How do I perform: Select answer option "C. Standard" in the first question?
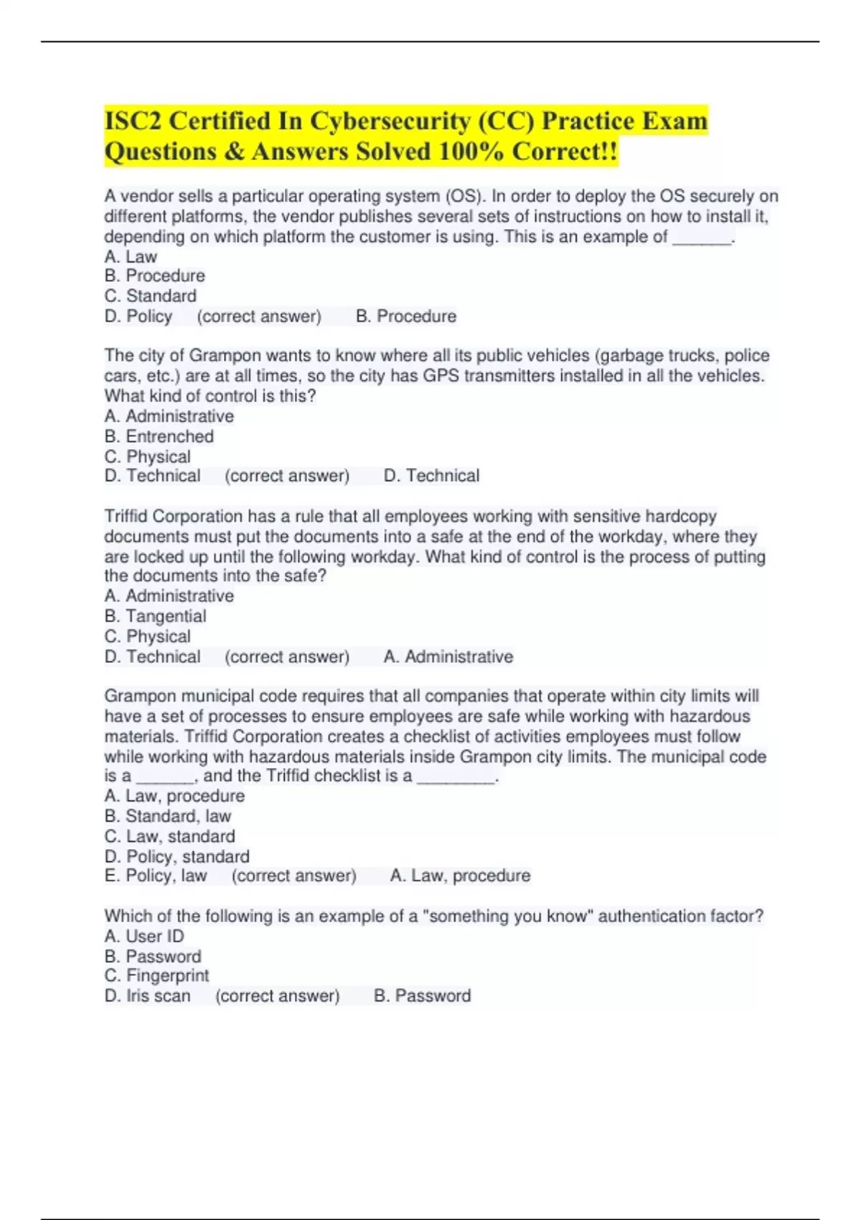point(150,296)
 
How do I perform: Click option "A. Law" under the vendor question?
point(131,256)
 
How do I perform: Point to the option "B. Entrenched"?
point(159,436)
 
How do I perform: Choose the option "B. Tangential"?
point(155,616)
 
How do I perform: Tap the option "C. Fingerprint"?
point(156,975)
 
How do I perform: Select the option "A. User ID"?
point(143,936)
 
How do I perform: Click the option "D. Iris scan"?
point(147,995)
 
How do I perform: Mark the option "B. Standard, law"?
point(167,816)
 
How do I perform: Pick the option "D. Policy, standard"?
point(177,856)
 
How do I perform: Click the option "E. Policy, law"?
point(155,876)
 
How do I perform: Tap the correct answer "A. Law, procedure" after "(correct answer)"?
point(460,876)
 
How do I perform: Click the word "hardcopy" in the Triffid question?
point(681,516)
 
